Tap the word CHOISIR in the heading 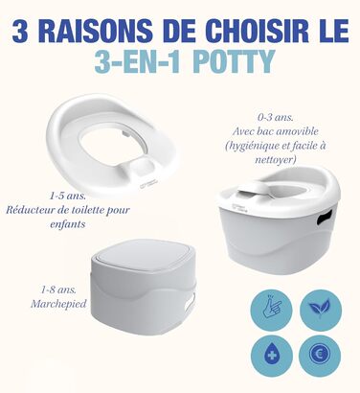tap(258, 32)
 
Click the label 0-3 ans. tap(276, 117)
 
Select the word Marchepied tap(58, 304)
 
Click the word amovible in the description tap(298, 131)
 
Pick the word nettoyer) tap(276, 159)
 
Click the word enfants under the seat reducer tap(68, 223)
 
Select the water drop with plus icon tap(272, 356)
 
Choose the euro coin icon tap(320, 356)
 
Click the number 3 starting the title tap(20, 32)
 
